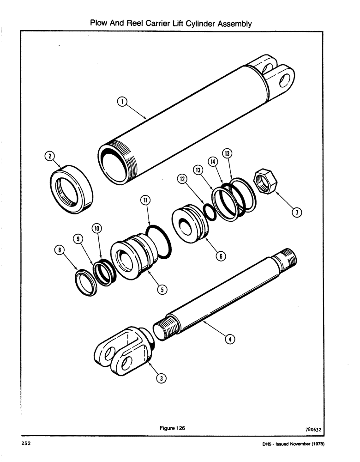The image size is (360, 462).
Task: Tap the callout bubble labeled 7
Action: click(x=297, y=212)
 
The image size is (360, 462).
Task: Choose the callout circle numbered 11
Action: click(x=145, y=200)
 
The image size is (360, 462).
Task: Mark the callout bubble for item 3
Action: click(x=161, y=378)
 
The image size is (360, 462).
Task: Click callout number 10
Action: click(x=97, y=228)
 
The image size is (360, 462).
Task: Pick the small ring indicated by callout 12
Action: click(x=209, y=213)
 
